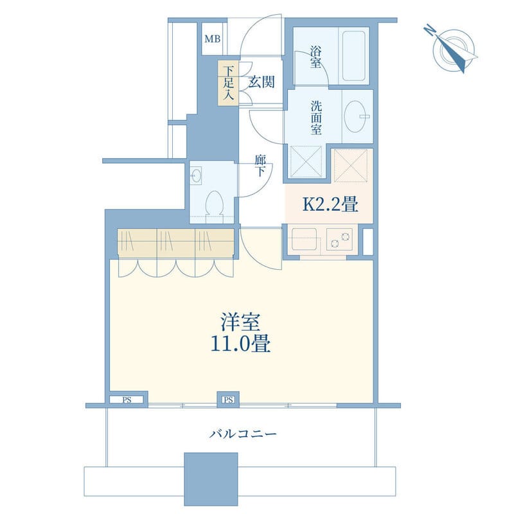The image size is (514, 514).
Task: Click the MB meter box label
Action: [213, 39]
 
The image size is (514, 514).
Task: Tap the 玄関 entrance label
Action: [261, 82]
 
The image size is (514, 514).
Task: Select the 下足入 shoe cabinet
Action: [229, 83]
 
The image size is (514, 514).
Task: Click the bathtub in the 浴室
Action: [354, 56]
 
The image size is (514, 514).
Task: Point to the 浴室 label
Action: [315, 57]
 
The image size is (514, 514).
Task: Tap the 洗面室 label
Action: [316, 118]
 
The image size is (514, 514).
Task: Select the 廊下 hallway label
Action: [260, 166]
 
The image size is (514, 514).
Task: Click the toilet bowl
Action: [214, 203]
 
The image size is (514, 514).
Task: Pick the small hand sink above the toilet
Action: [196, 176]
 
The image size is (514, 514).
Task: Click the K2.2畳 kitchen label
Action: [330, 204]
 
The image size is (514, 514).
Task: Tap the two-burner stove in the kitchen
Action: [339, 239]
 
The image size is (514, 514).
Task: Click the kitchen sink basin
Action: [304, 239]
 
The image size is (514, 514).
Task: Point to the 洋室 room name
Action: [240, 323]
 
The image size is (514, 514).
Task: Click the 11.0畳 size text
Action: [240, 344]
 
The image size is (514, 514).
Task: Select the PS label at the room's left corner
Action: [127, 400]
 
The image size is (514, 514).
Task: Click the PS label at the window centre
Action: [229, 400]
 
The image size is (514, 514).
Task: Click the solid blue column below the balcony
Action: [211, 479]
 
